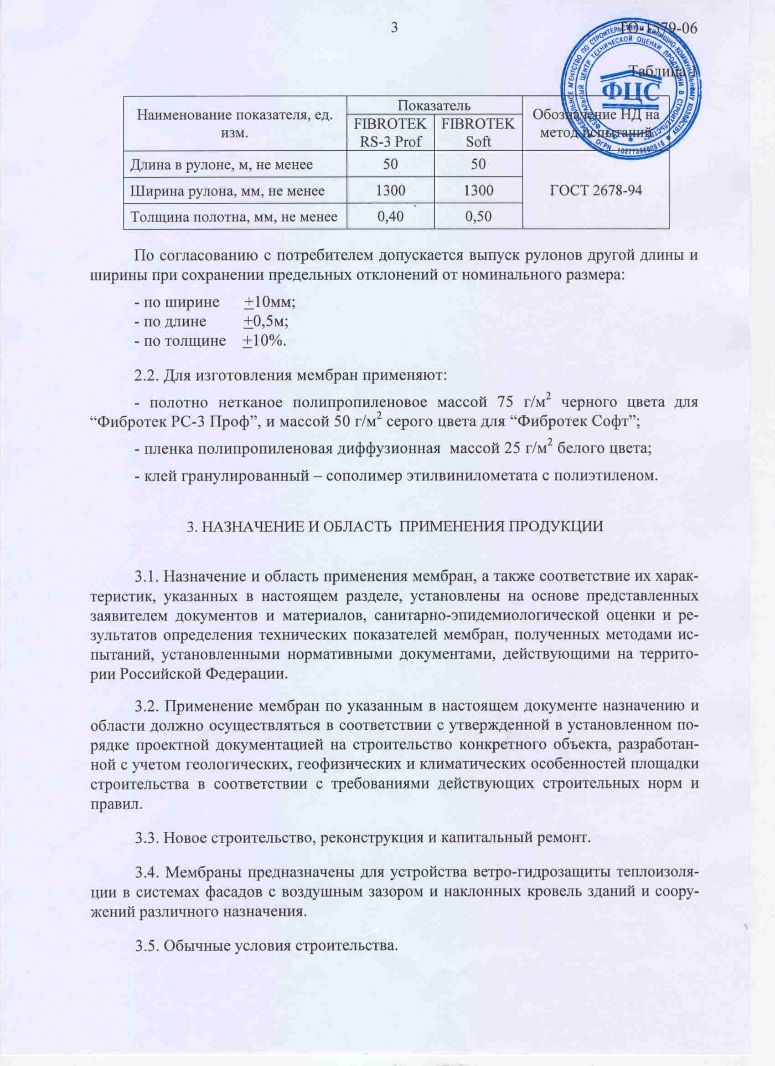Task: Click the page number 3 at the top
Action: point(394,28)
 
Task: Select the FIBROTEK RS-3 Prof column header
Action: point(390,133)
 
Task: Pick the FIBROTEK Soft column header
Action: point(478,133)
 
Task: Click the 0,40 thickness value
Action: point(390,217)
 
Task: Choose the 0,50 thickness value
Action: point(478,217)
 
